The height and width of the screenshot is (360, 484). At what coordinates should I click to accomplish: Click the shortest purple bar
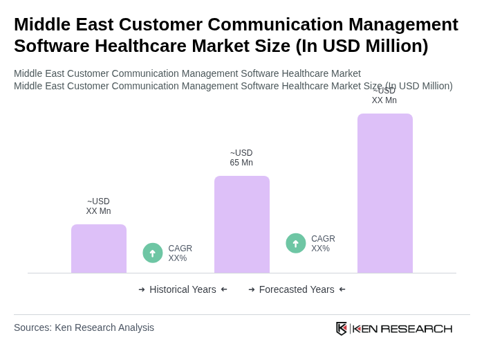click(x=99, y=249)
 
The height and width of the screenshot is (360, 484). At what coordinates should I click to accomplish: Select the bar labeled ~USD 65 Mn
click(x=242, y=224)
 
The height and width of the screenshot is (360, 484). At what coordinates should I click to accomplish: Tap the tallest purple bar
click(x=385, y=193)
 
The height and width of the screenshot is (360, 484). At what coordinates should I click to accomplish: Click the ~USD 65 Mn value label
click(x=241, y=158)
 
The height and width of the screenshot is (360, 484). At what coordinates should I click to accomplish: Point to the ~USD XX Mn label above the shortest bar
click(x=98, y=206)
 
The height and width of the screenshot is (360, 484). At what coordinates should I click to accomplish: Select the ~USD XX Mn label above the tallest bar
click(x=384, y=96)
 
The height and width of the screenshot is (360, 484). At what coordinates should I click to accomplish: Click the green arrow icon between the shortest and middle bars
click(x=153, y=253)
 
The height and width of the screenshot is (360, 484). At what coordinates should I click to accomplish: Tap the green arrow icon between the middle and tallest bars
click(x=296, y=243)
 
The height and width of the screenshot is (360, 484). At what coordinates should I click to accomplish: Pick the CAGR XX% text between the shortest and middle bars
click(x=180, y=253)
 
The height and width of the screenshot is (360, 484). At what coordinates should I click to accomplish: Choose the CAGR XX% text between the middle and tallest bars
click(x=323, y=244)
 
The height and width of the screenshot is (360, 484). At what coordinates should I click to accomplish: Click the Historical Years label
click(x=183, y=289)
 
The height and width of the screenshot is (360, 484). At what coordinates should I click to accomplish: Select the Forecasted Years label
click(x=297, y=289)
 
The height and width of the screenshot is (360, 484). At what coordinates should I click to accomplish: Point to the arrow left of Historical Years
click(x=142, y=289)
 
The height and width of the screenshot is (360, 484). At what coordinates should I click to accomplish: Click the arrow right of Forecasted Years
click(x=342, y=289)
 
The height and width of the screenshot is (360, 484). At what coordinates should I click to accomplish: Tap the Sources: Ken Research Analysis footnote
click(x=84, y=327)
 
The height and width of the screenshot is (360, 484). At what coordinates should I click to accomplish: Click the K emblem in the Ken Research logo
click(x=342, y=328)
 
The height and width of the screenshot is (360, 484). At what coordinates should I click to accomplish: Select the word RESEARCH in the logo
click(x=416, y=328)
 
